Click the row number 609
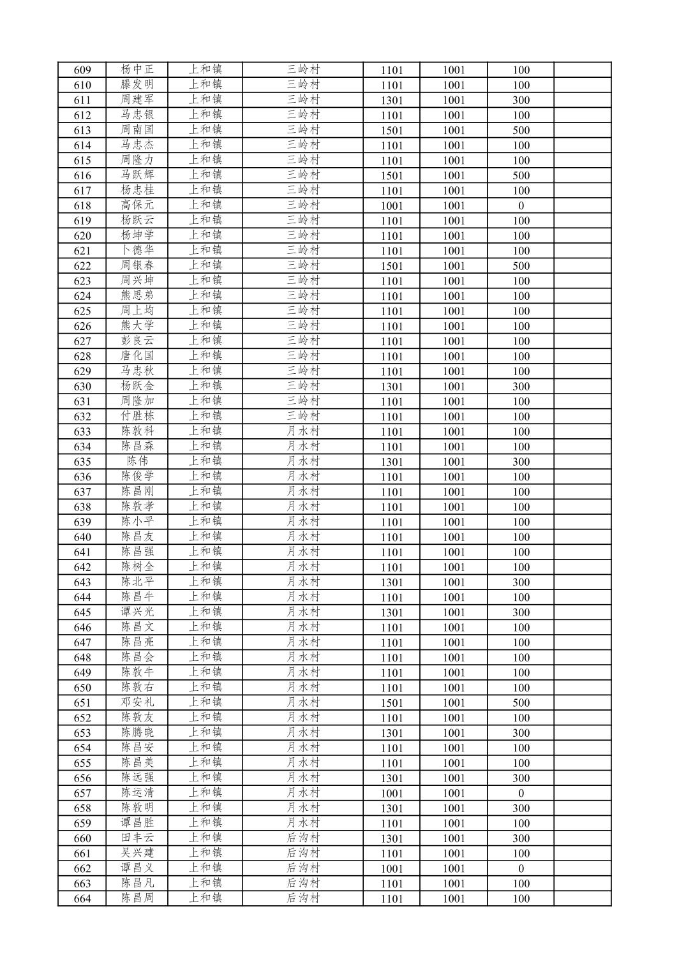82,70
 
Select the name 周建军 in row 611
137,100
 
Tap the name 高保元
137,205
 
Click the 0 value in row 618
521,206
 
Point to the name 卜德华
137,251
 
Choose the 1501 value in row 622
392,266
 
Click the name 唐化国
137,356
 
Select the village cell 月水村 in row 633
302,431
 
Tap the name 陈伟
137,461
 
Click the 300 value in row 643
521,582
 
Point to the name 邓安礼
137,702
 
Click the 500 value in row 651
521,703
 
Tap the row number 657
82,794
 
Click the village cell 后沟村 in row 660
302,838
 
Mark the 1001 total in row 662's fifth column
392,869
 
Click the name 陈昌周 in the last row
137,898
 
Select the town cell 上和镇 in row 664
205,898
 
